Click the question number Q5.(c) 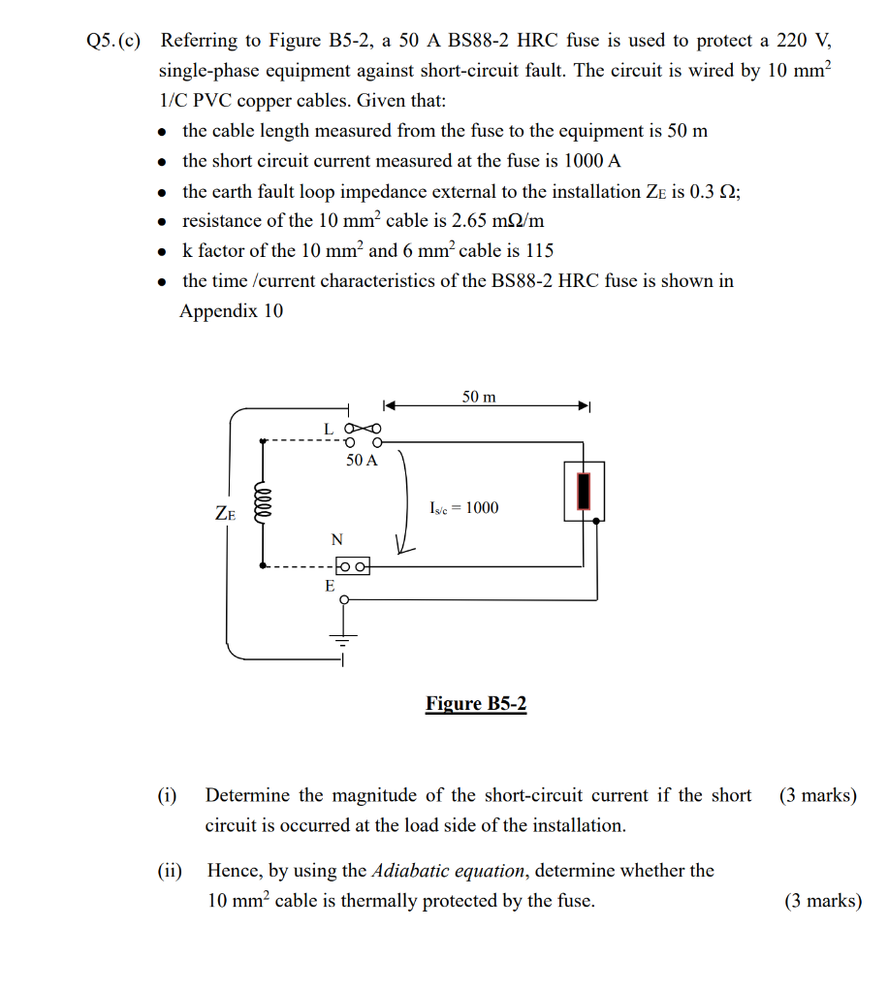coord(112,41)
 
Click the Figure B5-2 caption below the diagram coord(475,703)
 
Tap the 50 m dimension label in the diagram coord(479,397)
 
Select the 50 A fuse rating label coord(362,461)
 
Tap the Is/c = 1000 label coord(463,508)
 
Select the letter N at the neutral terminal coord(336,539)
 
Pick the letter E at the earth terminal coord(330,587)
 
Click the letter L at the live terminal coord(329,428)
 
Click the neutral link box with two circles coord(352,565)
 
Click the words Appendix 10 coord(232,311)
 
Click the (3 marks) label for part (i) coord(817,796)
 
